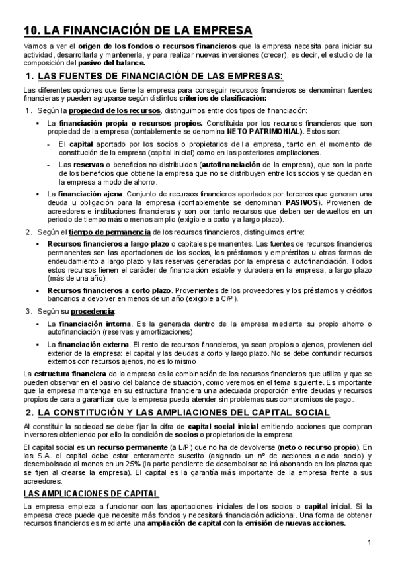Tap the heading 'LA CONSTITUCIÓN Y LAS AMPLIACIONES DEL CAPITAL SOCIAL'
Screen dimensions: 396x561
click(x=184, y=413)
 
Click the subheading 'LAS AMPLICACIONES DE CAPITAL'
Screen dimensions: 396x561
click(x=91, y=493)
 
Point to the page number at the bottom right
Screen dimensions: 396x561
click(x=370, y=543)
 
